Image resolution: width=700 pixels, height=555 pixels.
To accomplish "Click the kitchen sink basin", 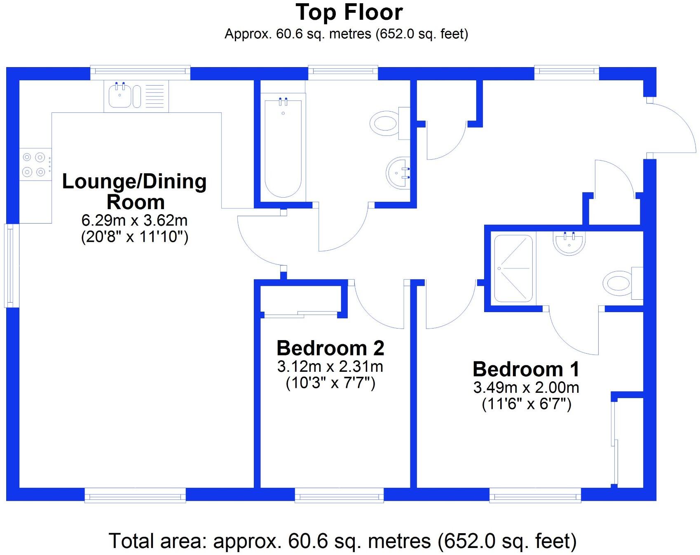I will pyautogui.click(x=120, y=96).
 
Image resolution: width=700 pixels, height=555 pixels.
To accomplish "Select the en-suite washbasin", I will pyautogui.click(x=569, y=243).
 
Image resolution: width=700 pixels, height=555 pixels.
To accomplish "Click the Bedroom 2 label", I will pyautogui.click(x=330, y=348).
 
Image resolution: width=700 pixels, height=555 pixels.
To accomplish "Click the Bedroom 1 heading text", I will pyautogui.click(x=526, y=369).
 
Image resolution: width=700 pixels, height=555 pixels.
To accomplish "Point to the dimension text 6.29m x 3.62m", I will pyautogui.click(x=134, y=221).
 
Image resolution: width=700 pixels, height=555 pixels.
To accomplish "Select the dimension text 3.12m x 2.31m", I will pyautogui.click(x=330, y=366).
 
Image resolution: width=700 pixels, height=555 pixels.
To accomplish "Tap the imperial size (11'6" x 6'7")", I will pyautogui.click(x=527, y=404).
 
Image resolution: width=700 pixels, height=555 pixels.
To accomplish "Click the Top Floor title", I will pyautogui.click(x=349, y=12).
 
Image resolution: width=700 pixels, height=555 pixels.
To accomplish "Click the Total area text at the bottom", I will pyautogui.click(x=342, y=541).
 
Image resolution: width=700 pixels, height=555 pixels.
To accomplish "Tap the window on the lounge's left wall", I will pyautogui.click(x=12, y=266).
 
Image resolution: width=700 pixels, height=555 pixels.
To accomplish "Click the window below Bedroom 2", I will pyautogui.click(x=339, y=495).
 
